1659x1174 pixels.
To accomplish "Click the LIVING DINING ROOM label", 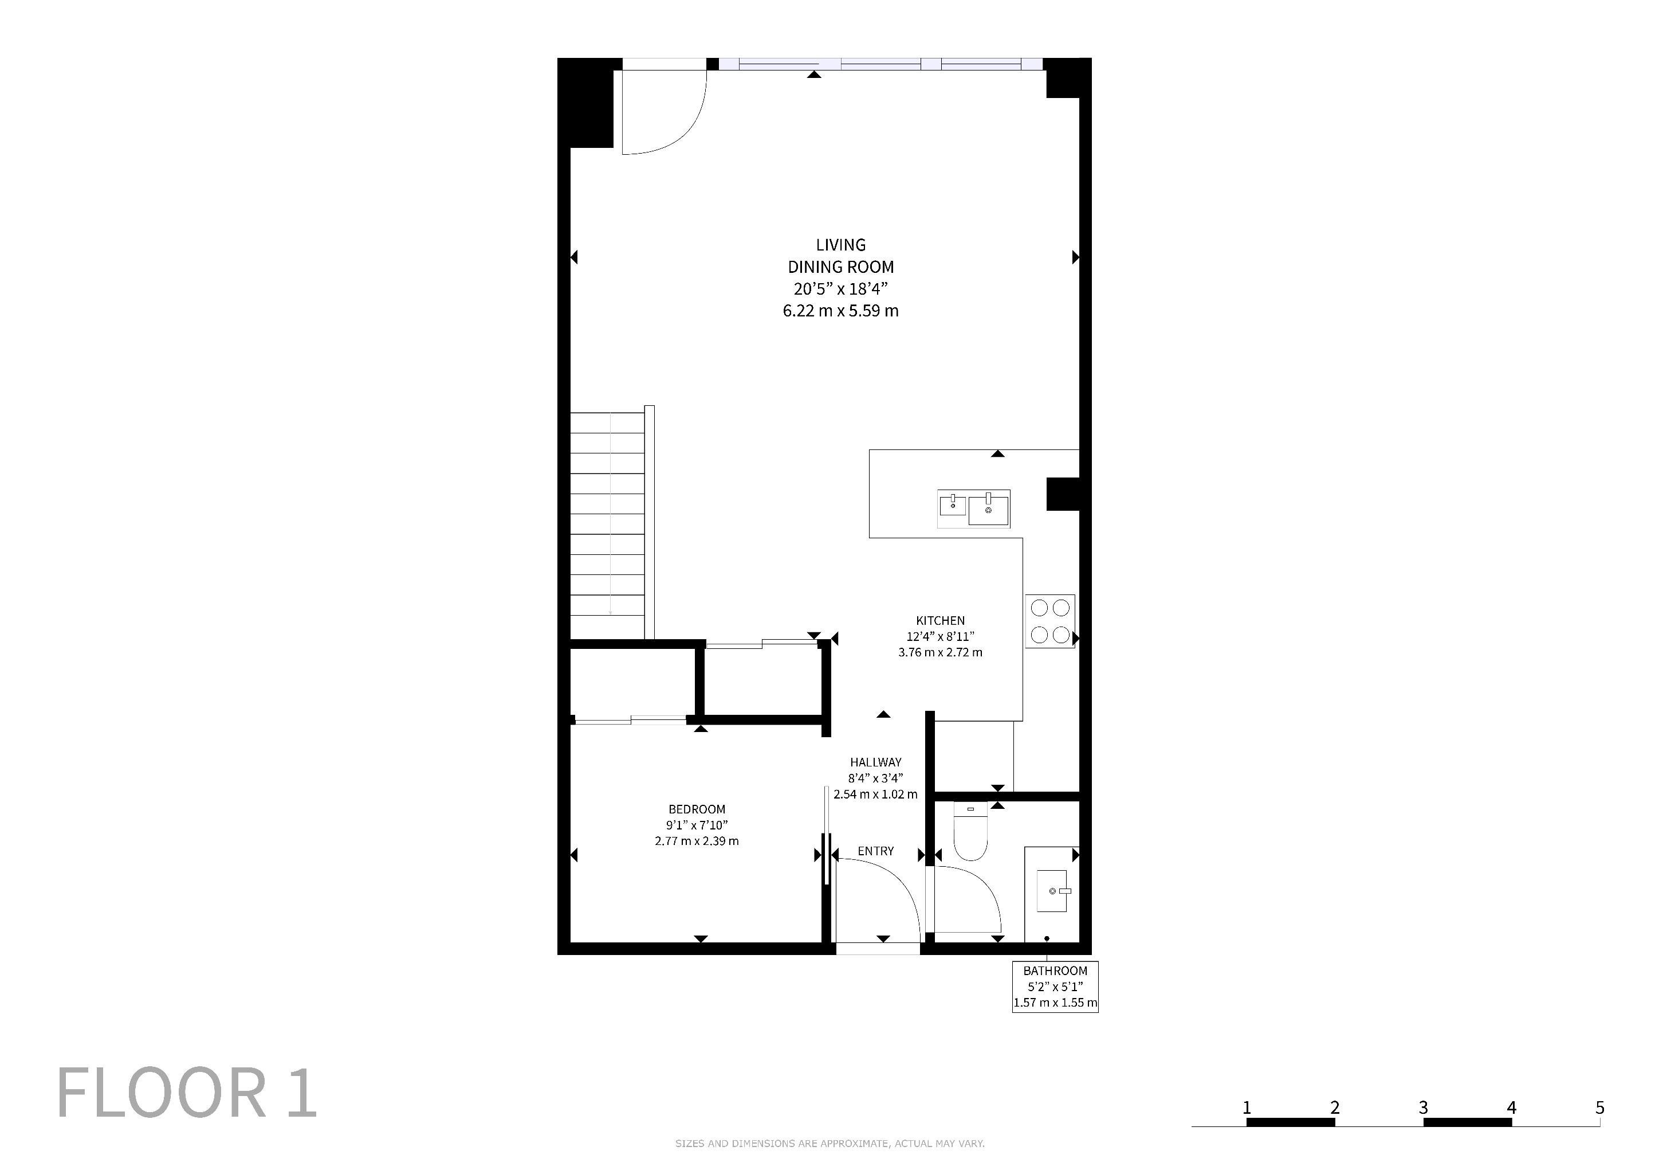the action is (x=841, y=256).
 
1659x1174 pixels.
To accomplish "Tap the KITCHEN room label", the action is (x=940, y=620).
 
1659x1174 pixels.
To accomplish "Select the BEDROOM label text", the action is (x=697, y=809).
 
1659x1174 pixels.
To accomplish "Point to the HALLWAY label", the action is (x=876, y=762).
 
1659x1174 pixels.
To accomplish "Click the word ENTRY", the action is (x=876, y=851).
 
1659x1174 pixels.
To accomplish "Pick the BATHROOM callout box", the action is (x=1055, y=986).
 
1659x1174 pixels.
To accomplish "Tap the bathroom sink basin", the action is (x=1051, y=891).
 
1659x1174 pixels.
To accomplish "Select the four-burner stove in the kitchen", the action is (x=1050, y=621).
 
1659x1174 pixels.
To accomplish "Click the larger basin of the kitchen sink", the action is (x=988, y=509).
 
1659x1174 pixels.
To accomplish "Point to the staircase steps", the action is (x=607, y=525).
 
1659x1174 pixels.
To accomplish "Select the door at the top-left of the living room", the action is (x=664, y=112).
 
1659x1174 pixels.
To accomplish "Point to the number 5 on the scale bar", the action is (x=1600, y=1107).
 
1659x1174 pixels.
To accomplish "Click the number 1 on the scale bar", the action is (x=1247, y=1107).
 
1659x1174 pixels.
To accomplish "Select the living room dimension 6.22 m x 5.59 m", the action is (x=841, y=311).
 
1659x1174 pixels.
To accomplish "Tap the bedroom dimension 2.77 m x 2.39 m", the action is (x=697, y=841).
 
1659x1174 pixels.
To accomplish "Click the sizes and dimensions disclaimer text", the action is (x=830, y=1143).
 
